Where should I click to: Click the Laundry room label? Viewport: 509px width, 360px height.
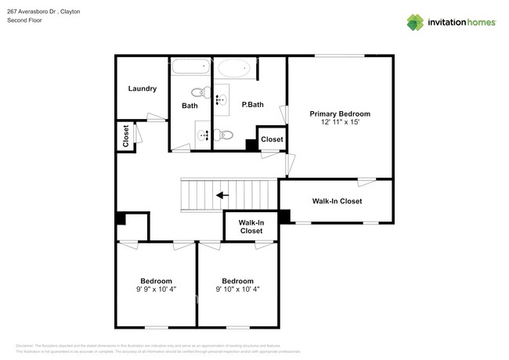click(x=143, y=88)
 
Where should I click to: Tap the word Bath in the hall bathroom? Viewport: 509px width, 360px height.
click(x=190, y=106)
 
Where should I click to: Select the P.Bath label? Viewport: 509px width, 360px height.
click(x=251, y=105)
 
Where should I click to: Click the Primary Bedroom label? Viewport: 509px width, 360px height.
click(x=339, y=113)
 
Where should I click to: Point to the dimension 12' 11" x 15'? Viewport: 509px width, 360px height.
click(x=339, y=123)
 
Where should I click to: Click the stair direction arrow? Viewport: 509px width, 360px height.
click(x=223, y=195)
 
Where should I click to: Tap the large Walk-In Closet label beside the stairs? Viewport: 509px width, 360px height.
click(x=337, y=201)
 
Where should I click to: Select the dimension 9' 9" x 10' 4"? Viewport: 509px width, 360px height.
click(x=157, y=290)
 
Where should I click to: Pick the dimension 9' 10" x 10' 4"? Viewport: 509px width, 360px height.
click(x=237, y=290)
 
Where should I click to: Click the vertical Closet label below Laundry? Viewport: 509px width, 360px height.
click(x=125, y=136)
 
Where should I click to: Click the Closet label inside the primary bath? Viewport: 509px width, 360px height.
click(x=272, y=139)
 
